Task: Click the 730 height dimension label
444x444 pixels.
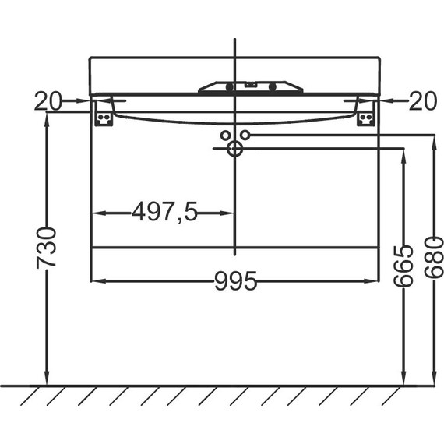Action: (x=47, y=248)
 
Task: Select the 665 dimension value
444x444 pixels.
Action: (x=403, y=266)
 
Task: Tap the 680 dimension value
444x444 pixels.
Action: (x=434, y=257)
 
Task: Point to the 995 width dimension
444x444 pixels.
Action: (x=235, y=281)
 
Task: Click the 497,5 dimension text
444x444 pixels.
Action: (x=164, y=212)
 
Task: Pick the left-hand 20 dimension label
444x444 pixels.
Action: (x=48, y=101)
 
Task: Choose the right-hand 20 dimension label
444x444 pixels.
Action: (x=423, y=101)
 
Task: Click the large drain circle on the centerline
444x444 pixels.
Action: (x=234, y=148)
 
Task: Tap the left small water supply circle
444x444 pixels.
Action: (x=225, y=136)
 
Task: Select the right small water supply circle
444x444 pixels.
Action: (x=245, y=135)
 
